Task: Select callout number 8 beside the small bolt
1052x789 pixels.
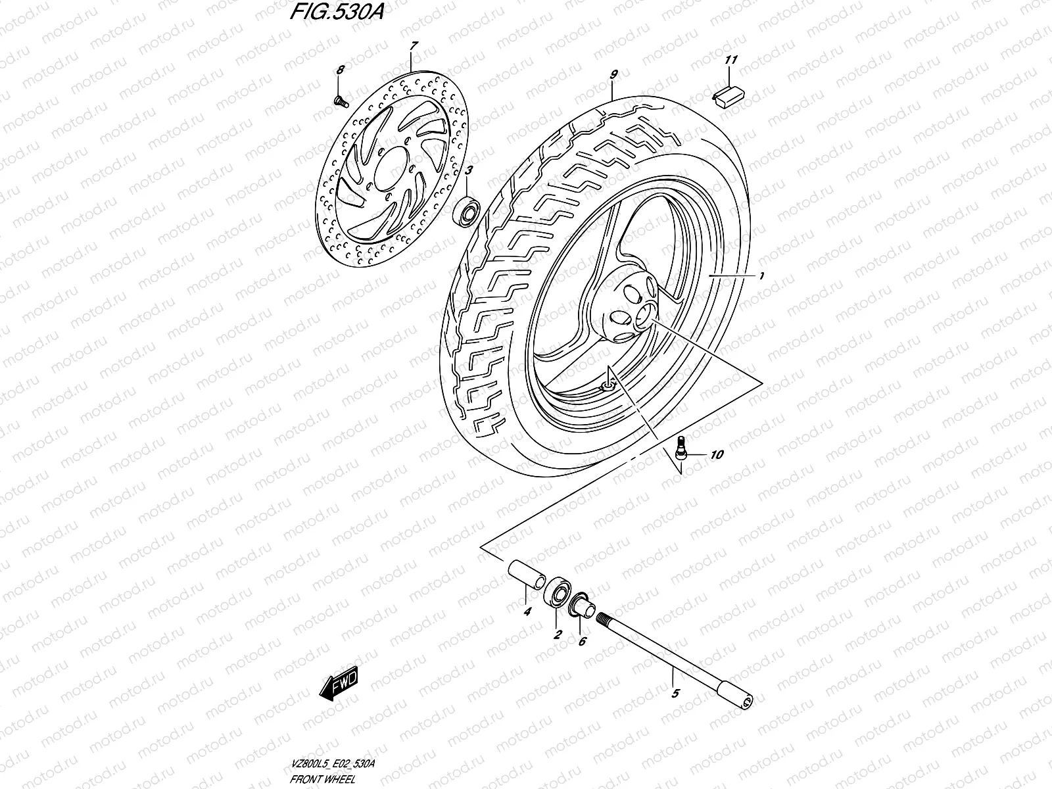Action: (339, 70)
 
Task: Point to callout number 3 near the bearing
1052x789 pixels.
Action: (468, 171)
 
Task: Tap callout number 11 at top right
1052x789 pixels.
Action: (730, 60)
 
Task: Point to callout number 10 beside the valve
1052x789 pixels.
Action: (716, 454)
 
